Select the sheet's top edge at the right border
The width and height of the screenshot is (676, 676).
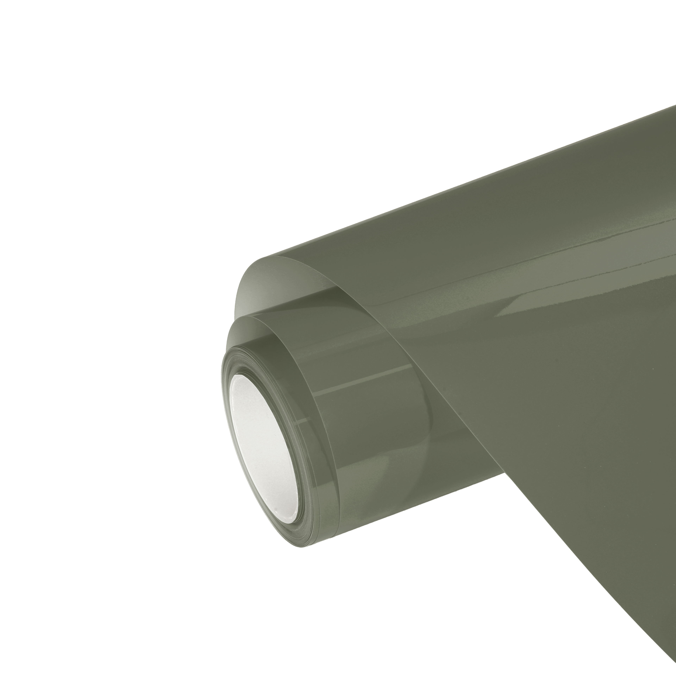tap(674, 107)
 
